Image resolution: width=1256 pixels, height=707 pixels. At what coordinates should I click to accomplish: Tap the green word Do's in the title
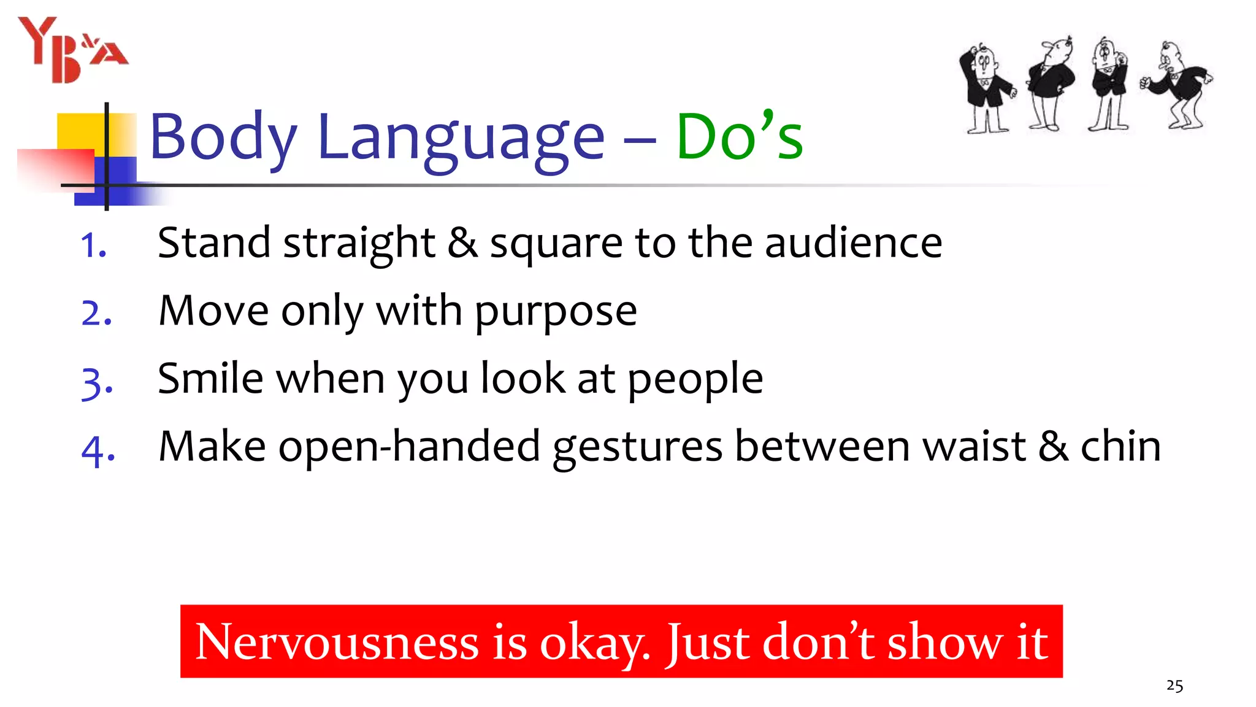[739, 136]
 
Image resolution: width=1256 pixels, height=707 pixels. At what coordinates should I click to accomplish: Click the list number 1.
[93, 245]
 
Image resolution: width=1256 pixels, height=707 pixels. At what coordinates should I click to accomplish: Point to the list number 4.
[98, 450]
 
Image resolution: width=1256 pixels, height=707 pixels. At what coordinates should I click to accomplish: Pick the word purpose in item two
[556, 312]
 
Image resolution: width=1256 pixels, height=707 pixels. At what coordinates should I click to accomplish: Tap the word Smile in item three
[210, 378]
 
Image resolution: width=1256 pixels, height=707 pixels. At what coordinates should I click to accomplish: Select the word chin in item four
[1120, 446]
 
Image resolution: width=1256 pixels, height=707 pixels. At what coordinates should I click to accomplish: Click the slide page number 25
[1174, 686]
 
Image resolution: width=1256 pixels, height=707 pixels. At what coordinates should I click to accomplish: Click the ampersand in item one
[462, 242]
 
